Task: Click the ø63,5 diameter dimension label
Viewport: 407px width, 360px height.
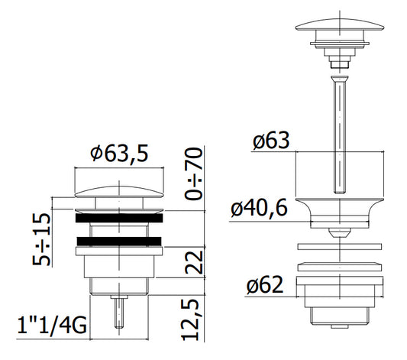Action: coord(119,153)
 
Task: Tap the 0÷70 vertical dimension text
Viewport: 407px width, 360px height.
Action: coord(193,174)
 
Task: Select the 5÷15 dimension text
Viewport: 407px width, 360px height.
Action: coord(41,239)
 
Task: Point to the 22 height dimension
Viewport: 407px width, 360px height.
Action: coord(194,261)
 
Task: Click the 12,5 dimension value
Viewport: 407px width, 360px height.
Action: coord(190,319)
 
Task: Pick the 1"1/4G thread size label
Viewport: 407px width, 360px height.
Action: coord(52,325)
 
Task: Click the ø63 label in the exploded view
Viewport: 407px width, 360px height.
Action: coord(271,141)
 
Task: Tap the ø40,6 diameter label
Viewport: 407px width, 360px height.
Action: coord(260,208)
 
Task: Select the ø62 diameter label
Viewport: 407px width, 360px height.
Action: coord(265,284)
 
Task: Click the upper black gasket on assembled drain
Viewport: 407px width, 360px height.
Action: coord(119,218)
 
